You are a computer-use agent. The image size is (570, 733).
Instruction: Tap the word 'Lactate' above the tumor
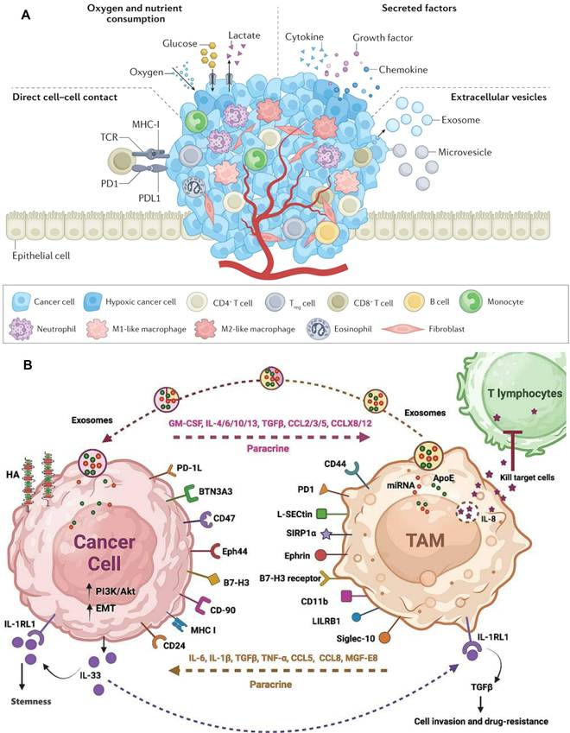pyautogui.click(x=244, y=35)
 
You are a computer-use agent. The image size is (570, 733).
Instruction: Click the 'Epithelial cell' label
pyautogui.click(x=41, y=255)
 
